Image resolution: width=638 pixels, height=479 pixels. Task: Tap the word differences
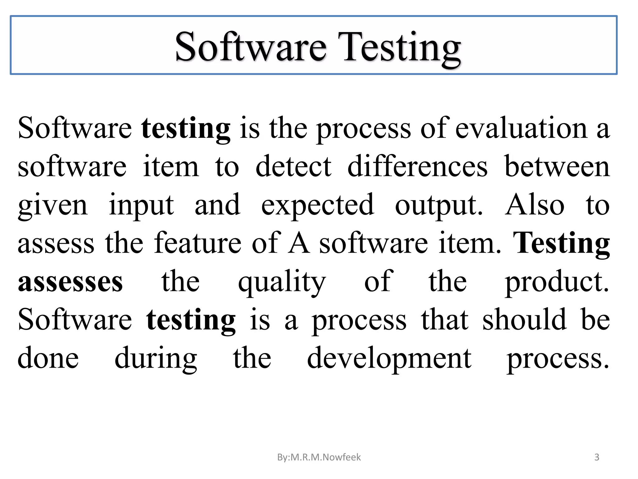(x=417, y=167)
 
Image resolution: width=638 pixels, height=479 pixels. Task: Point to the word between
(x=557, y=167)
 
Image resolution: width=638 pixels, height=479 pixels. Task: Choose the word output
(x=439, y=206)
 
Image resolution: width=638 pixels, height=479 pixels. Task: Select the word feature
(x=198, y=243)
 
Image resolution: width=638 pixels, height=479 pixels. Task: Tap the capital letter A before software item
(x=299, y=243)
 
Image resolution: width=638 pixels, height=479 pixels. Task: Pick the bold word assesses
(x=70, y=282)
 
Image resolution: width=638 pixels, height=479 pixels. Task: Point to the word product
(x=557, y=282)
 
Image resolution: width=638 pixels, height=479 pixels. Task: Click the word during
(x=156, y=359)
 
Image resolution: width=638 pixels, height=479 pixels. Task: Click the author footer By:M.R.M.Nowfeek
(x=319, y=457)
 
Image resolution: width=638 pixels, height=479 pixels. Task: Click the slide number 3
(x=597, y=457)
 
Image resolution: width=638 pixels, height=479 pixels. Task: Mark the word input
(x=141, y=206)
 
